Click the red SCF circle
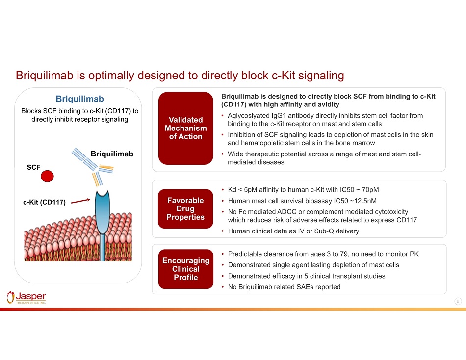pos(47,176)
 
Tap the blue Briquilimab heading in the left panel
pos(79,99)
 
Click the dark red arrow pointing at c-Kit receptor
pos(80,201)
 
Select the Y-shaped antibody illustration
pos(92,166)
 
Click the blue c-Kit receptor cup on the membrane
pos(102,212)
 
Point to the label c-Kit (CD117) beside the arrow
pos(44,202)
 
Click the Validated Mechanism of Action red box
pos(186,128)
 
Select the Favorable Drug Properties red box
pos(185,208)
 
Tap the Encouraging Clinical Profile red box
pos(186,269)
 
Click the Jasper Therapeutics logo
pos(26,298)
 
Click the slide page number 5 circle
pos(458,302)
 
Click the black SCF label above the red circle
pos(33,167)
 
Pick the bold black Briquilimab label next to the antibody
pos(112,154)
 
